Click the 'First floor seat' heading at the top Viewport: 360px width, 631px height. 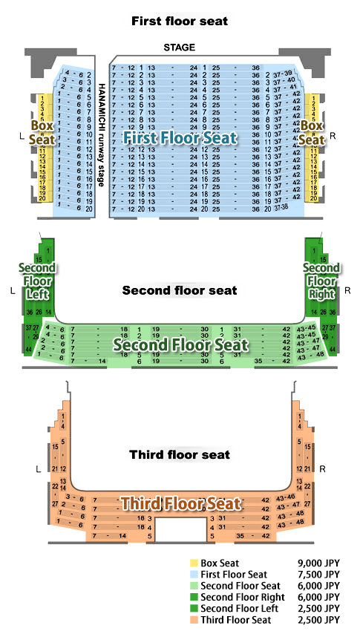(x=180, y=21)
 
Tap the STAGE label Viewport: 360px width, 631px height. (x=180, y=48)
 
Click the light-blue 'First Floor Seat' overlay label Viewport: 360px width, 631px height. (x=180, y=138)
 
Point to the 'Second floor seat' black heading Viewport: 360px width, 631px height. (x=180, y=290)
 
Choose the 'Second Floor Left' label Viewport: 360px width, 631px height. (x=36, y=281)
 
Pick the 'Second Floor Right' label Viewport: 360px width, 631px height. (x=322, y=281)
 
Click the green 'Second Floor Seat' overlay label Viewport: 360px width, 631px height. (x=180, y=344)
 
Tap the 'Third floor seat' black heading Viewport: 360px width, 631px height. (x=180, y=454)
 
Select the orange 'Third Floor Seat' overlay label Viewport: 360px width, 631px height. (x=181, y=504)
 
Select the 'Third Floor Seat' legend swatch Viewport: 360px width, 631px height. (x=194, y=620)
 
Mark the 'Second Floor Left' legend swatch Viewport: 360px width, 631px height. (x=194, y=609)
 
